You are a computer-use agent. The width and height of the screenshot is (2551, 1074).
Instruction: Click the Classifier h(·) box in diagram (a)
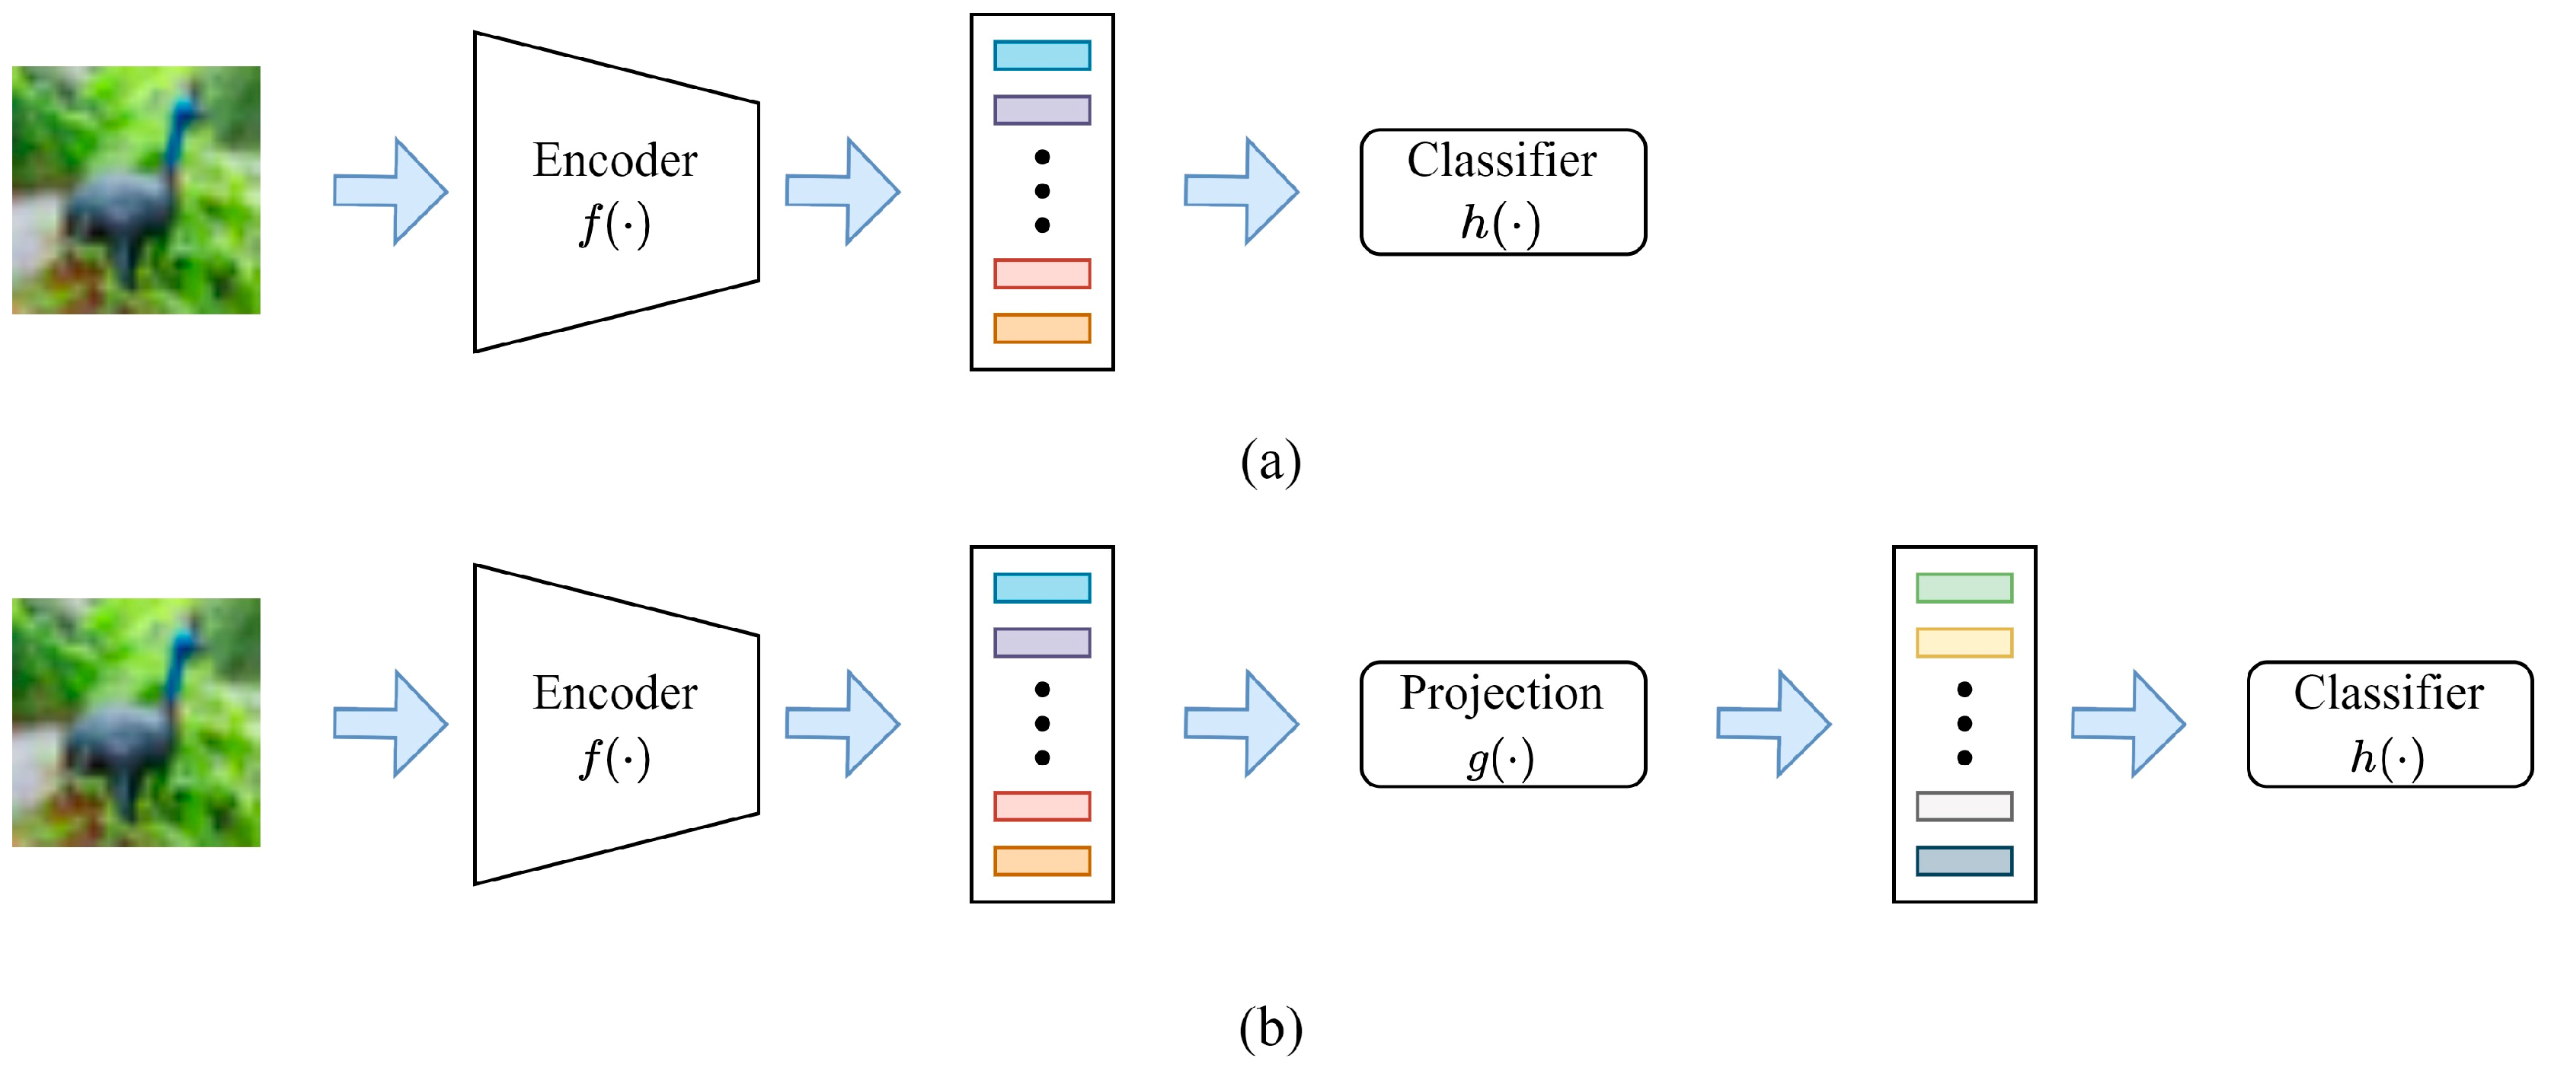pyautogui.click(x=1502, y=192)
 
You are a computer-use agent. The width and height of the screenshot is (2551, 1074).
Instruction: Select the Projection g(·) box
pyautogui.click(x=1502, y=724)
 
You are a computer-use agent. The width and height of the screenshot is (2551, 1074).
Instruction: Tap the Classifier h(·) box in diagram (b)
pyautogui.click(x=2389, y=724)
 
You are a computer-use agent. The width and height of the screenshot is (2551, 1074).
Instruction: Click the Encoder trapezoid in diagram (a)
pyautogui.click(x=614, y=192)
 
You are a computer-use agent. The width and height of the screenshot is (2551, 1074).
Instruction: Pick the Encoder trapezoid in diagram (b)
pyautogui.click(x=614, y=724)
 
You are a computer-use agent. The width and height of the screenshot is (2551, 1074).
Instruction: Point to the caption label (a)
pyautogui.click(x=1270, y=461)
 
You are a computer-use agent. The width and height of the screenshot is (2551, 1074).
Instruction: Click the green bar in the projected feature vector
pyautogui.click(x=1964, y=588)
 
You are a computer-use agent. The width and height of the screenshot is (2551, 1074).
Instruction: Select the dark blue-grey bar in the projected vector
pyautogui.click(x=1964, y=861)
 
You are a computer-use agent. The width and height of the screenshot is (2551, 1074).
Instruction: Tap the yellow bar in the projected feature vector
pyautogui.click(x=1964, y=642)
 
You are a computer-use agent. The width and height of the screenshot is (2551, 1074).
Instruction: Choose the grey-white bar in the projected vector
pyautogui.click(x=1964, y=806)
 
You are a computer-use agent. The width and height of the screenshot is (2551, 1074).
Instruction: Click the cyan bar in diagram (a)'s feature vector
pyautogui.click(x=1042, y=56)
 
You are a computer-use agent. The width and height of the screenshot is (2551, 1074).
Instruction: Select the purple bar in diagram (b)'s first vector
pyautogui.click(x=1042, y=642)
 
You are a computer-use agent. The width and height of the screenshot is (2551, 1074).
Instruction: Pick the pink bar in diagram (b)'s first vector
pyautogui.click(x=1042, y=806)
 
